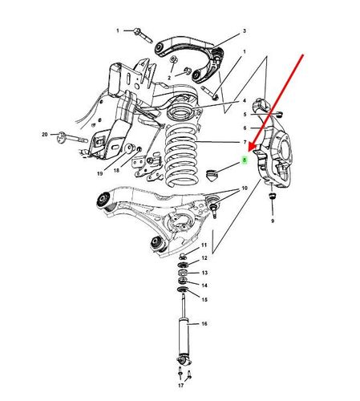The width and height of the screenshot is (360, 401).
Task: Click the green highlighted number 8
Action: click(245, 160)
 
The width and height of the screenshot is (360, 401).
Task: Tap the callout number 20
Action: click(45, 135)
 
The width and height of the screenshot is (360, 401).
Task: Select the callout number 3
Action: click(245, 31)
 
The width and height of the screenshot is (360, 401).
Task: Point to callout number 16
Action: click(204, 324)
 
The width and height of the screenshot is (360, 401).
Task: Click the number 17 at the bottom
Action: click(181, 385)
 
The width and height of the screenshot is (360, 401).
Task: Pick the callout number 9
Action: click(273, 221)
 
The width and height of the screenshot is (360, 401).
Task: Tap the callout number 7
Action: click(245, 142)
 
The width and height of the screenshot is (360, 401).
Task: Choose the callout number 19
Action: click(99, 173)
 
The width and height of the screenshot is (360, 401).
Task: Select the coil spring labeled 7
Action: click(181, 156)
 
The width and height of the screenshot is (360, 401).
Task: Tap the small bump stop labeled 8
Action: click(212, 175)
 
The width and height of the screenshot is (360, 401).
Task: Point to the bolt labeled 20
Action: click(71, 138)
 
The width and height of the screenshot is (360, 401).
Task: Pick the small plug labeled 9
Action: click(272, 196)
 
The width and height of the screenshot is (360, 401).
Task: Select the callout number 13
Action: click(204, 273)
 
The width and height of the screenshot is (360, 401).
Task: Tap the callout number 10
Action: click(245, 188)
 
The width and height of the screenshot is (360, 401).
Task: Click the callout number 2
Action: click(169, 78)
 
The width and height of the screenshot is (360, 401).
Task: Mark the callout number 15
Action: click(204, 299)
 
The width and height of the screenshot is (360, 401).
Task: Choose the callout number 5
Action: click(245, 115)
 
